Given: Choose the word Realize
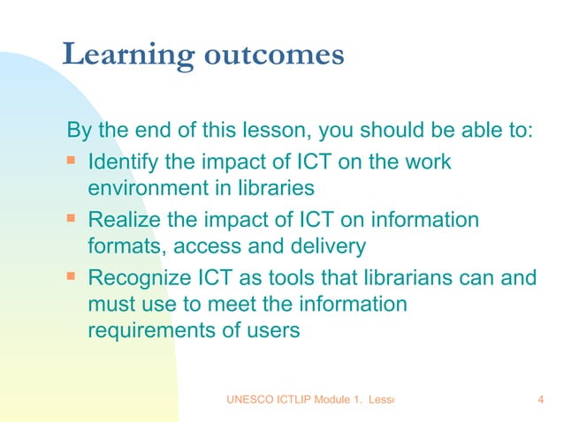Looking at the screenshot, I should (x=122, y=219).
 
